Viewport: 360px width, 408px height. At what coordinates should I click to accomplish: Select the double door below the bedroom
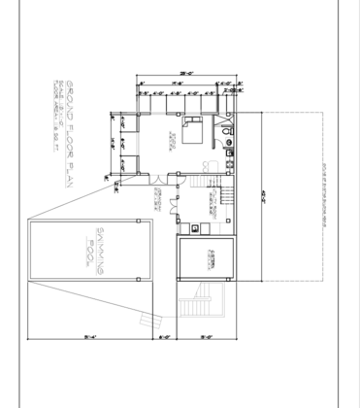tap(155, 178)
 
